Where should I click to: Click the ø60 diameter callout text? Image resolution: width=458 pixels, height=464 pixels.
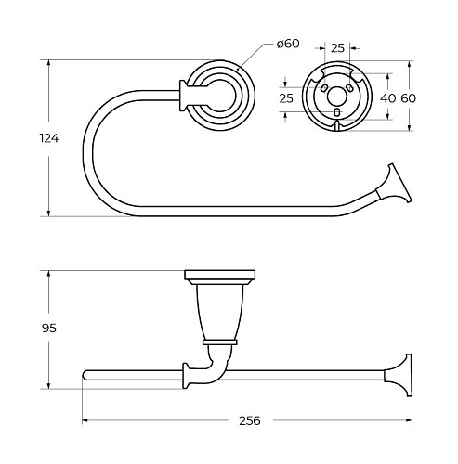288,44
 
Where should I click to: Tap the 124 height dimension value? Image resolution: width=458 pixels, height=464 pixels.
49,138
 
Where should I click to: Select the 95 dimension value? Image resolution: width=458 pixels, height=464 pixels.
49,329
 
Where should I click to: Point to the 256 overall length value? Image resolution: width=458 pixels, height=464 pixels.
250,420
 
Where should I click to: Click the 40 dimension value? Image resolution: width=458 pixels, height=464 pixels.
387,98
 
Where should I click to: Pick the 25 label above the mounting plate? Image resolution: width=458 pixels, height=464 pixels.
337,48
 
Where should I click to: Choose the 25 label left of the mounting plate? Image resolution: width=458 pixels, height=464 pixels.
286,98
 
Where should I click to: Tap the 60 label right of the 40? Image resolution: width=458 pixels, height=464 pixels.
409,98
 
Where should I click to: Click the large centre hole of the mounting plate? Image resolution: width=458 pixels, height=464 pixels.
336,97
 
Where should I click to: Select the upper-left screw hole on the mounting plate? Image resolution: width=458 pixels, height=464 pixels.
323,88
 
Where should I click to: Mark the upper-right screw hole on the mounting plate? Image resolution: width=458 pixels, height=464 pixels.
349,88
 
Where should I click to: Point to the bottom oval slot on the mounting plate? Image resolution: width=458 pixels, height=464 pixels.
337,112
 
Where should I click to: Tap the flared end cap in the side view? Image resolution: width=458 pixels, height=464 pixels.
399,375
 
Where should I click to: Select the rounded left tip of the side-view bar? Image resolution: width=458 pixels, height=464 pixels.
85,375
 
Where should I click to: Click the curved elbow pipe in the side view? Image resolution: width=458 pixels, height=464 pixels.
216,366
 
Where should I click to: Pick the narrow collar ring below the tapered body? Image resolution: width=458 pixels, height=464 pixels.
220,342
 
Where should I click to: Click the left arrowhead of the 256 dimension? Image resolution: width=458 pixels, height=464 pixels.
85,420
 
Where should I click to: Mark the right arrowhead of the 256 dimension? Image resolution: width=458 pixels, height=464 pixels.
408,420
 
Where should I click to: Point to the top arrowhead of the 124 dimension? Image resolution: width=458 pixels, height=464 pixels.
48,63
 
